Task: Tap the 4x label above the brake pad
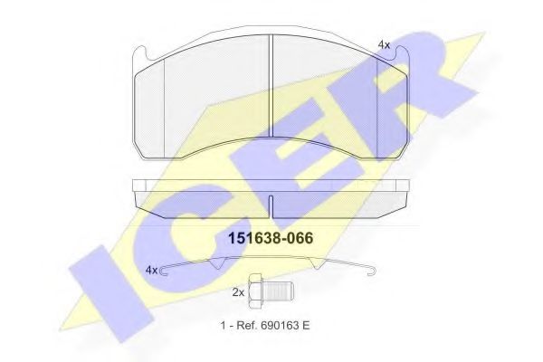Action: coord(384,43)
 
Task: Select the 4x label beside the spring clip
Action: coord(151,270)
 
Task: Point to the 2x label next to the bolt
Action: coord(238,292)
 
